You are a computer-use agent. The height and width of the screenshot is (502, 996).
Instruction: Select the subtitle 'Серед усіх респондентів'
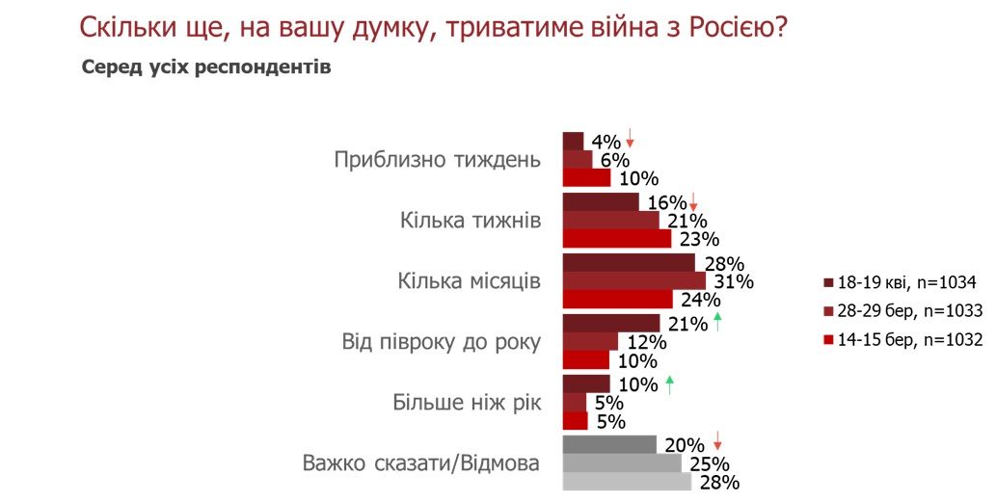click(x=206, y=68)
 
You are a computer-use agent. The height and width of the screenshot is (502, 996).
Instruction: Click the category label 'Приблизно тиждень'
click(x=438, y=160)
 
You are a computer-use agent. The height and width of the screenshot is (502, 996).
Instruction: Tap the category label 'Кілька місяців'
click(x=470, y=280)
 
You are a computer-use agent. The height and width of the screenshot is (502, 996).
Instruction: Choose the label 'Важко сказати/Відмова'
click(x=420, y=462)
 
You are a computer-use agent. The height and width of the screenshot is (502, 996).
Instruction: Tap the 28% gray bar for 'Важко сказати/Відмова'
click(x=627, y=481)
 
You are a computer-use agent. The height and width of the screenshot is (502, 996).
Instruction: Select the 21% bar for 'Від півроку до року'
click(x=610, y=323)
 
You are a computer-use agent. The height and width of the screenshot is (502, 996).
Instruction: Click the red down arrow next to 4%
click(x=630, y=138)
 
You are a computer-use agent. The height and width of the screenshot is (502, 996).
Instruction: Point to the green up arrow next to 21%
click(x=717, y=323)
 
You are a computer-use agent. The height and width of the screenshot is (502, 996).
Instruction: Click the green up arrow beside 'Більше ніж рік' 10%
click(x=668, y=383)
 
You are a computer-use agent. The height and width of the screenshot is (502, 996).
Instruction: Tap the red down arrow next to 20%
click(x=717, y=442)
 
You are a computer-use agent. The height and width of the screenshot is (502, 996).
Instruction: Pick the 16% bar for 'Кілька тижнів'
click(x=601, y=202)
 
